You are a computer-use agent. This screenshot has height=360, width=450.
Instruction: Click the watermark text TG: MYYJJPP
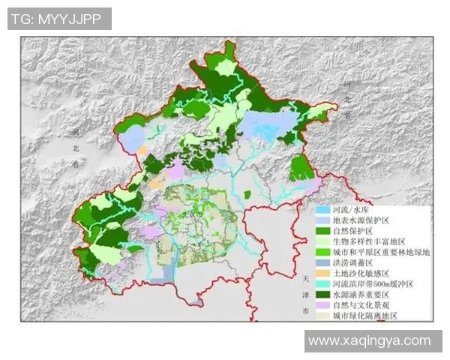pyautogui.click(x=59, y=19)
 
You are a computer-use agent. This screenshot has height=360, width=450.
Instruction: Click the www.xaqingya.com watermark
pyautogui.click(x=370, y=340)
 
